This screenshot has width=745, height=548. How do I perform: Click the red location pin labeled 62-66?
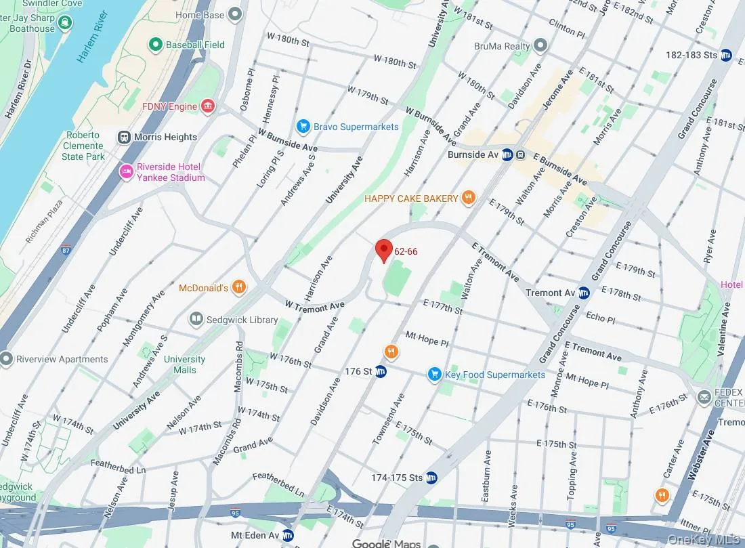384,250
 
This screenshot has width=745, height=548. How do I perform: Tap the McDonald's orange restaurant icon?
238,288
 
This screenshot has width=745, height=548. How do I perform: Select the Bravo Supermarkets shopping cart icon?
303,127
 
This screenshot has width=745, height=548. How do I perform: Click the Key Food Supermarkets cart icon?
434,375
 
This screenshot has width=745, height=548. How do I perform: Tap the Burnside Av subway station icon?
520,154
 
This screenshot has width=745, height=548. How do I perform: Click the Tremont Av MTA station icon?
584,293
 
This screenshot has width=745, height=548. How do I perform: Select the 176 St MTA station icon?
381,371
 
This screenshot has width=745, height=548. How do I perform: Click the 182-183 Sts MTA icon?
727,55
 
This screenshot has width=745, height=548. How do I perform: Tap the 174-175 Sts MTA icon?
431,478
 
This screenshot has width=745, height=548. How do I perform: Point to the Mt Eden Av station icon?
288,535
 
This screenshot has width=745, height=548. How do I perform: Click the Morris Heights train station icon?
124,137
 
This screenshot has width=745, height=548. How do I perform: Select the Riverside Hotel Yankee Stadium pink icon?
125,172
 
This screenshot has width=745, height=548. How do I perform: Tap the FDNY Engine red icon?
208,106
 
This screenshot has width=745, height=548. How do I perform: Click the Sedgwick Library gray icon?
196,319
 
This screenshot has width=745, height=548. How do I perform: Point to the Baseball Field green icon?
156,45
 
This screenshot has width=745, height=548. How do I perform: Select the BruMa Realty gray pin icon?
540,46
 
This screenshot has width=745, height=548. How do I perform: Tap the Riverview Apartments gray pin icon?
6,359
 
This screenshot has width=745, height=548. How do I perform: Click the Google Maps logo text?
386,543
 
